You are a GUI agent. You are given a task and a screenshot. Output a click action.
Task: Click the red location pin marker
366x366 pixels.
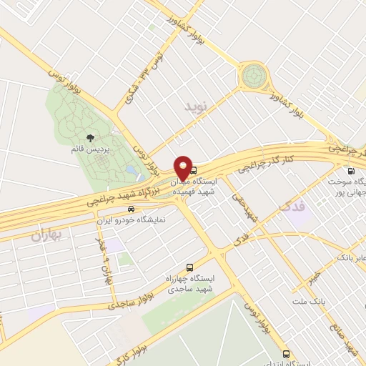tap(184, 168)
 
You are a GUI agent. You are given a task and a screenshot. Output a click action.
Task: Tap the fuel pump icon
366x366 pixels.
tap(350, 171)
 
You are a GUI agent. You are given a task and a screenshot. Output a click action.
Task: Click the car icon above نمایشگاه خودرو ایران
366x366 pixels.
tap(130, 209)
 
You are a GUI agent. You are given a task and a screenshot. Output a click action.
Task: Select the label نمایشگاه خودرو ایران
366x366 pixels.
tap(132, 221)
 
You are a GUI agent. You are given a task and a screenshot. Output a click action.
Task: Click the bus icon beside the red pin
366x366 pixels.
tap(194, 170)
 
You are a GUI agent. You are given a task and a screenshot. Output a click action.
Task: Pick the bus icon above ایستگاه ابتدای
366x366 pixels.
tap(287, 354)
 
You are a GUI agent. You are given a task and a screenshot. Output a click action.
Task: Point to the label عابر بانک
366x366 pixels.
tap(351, 256)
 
